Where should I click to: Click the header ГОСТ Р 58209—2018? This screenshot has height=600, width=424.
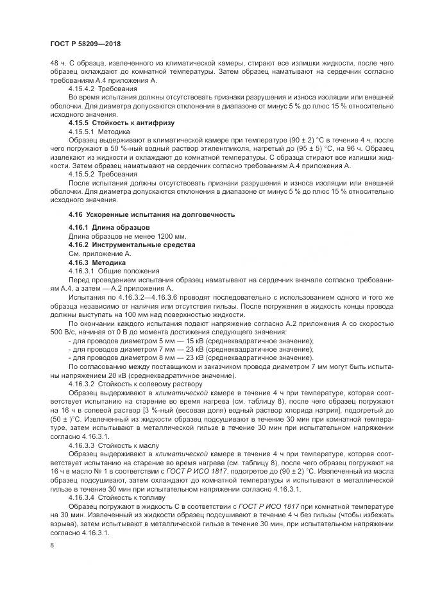coord(85,43)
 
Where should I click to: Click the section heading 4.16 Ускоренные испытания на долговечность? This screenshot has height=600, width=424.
coord(151,214)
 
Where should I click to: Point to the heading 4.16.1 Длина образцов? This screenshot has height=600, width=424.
coord(109,228)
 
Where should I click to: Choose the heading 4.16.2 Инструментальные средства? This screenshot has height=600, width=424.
coord(131,245)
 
